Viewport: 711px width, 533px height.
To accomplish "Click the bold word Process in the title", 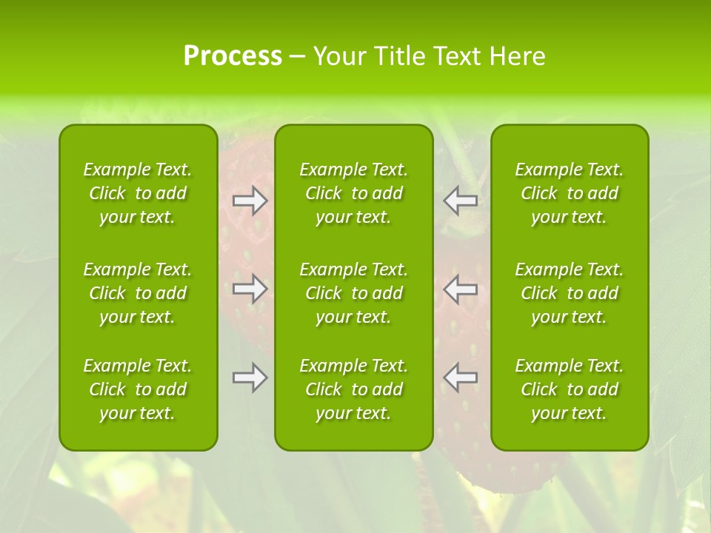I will (233, 56).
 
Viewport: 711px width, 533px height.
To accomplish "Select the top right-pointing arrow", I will (250, 200).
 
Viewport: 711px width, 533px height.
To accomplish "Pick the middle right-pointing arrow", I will (250, 289).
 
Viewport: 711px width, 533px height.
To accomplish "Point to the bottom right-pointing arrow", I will (250, 378).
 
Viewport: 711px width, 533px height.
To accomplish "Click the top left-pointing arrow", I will (461, 200).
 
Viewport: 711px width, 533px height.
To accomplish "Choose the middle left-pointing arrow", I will (461, 289).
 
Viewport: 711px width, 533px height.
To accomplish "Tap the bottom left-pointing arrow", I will (461, 378).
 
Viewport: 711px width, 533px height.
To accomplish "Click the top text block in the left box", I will (138, 193).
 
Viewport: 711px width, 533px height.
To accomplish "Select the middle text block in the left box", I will (138, 293).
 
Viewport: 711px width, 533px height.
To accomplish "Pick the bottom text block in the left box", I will (138, 389).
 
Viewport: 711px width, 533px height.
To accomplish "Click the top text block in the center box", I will (354, 193).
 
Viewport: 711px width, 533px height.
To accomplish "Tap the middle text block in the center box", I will (354, 293).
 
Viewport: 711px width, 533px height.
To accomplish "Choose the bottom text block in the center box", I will (354, 389).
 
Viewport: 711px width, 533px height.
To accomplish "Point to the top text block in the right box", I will (570, 193).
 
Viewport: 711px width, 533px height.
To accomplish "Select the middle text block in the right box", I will (570, 293).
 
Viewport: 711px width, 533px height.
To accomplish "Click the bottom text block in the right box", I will (570, 389).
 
